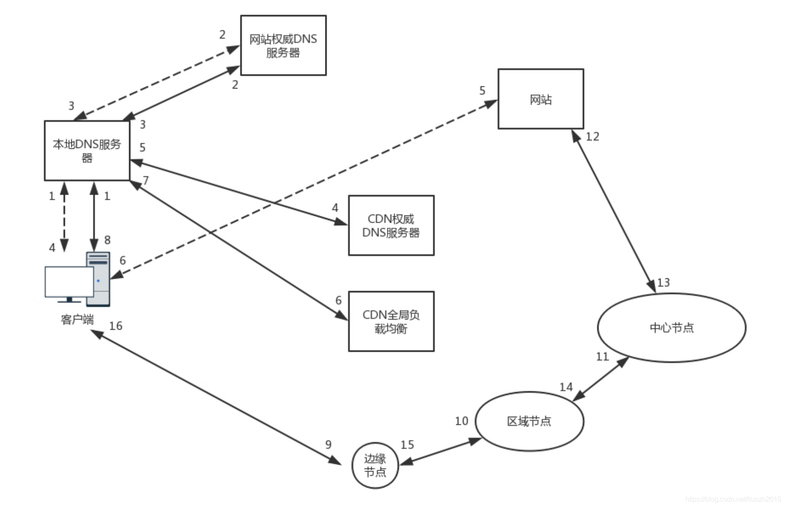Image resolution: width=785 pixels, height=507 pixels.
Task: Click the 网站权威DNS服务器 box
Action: pos(283,45)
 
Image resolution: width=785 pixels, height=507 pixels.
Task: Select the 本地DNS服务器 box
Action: pos(87,150)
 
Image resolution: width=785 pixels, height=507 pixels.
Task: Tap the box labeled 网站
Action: pos(540,99)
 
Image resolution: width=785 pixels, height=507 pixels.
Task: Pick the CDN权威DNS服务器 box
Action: pos(391,225)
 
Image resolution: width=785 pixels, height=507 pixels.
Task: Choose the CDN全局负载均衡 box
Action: pos(391,321)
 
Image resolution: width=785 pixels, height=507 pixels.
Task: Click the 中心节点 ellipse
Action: pos(671,327)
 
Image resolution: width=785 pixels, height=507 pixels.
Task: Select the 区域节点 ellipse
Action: pos(529,422)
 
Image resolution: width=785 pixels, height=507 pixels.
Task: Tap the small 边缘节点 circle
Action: pos(375,465)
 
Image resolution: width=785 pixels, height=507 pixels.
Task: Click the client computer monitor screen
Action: pos(68,281)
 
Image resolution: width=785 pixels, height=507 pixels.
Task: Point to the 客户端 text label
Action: pos(77,319)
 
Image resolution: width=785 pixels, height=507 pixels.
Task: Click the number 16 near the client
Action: pos(115,326)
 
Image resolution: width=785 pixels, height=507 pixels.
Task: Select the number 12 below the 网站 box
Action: pos(592,137)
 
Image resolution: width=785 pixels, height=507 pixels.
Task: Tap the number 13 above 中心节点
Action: pos(663,283)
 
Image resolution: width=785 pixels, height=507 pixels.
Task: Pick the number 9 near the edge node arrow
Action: pos(328,445)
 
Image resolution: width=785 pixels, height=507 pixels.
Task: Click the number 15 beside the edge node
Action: pos(407,445)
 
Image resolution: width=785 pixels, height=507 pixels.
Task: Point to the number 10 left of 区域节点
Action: pos(461,421)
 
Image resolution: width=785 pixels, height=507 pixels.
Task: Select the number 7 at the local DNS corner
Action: pos(146,180)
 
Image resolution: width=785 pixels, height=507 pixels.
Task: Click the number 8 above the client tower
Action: pos(107,240)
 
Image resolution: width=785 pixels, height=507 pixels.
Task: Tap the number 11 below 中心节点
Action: pos(602,357)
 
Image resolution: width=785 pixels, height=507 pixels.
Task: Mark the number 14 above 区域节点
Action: pos(566,387)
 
